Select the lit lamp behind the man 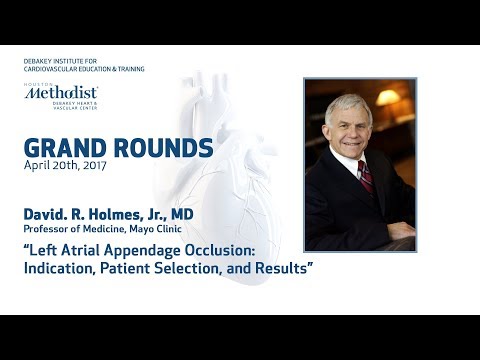point(388,98)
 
